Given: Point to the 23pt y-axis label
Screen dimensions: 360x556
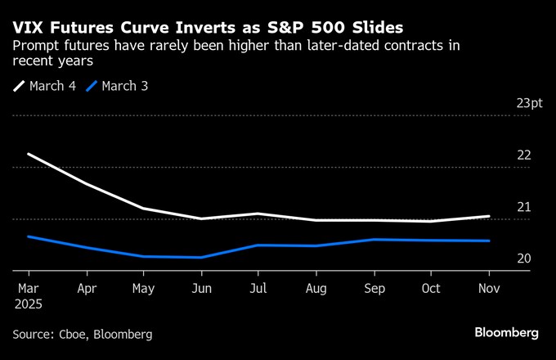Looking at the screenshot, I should point(529,103).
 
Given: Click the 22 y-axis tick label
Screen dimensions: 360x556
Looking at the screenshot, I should point(523,155).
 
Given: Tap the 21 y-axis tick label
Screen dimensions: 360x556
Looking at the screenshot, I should point(523,207).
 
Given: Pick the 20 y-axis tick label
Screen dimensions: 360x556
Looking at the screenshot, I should point(523,259).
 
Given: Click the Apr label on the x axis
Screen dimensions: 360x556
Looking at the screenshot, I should point(86,288).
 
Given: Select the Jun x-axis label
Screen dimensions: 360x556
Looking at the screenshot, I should point(200,288).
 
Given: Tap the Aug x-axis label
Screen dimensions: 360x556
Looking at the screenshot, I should point(316,288).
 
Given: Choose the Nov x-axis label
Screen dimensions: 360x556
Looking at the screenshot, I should point(488,288).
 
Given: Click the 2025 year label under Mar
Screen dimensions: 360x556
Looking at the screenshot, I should point(29,304).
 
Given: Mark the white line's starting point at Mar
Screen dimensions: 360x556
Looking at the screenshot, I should point(29,154).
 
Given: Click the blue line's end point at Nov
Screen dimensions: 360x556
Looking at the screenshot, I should point(489,241).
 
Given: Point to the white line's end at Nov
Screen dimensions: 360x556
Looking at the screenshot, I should point(489,216).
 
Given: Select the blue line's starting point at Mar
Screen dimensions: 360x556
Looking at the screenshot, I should point(29,236).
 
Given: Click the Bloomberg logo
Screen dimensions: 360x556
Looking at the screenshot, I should point(506,333).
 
